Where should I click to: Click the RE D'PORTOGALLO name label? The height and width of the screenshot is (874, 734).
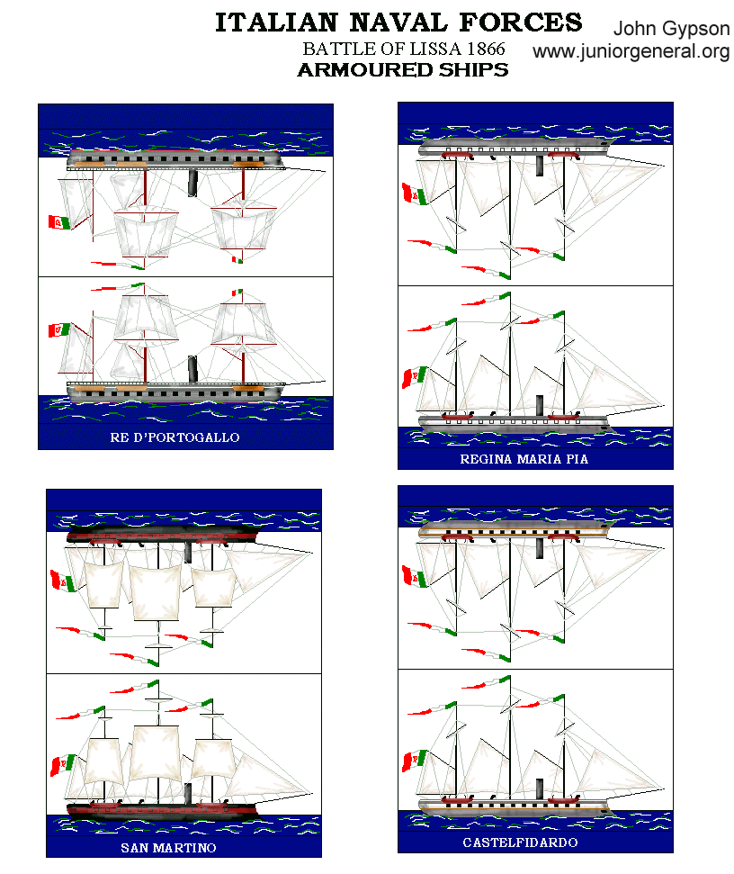pyautogui.click(x=186, y=438)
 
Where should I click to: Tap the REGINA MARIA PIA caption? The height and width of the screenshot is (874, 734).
pyautogui.click(x=536, y=458)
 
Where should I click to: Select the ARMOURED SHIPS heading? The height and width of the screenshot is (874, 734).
pyautogui.click(x=402, y=70)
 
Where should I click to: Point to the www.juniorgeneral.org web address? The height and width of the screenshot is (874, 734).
pyautogui.click(x=631, y=52)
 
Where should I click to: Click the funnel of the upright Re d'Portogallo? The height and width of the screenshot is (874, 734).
pyautogui.click(x=192, y=369)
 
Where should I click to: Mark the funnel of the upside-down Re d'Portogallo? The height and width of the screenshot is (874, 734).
pyautogui.click(x=192, y=183)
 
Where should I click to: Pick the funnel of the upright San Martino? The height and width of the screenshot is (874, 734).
pyautogui.click(x=188, y=792)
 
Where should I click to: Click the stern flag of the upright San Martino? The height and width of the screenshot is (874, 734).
pyautogui.click(x=61, y=764)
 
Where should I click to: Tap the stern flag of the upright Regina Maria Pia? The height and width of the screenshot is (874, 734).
pyautogui.click(x=414, y=375)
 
